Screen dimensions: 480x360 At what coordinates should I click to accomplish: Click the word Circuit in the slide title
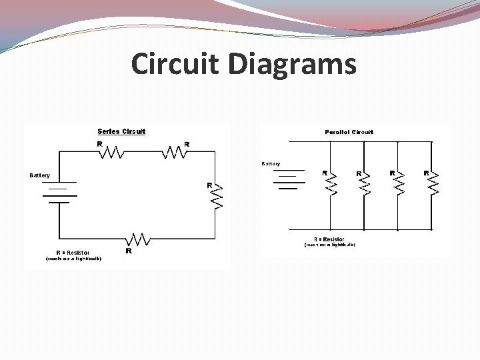[175, 65]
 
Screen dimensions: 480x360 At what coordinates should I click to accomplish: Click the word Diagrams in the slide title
[292, 65]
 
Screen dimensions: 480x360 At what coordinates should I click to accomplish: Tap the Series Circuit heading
[121, 131]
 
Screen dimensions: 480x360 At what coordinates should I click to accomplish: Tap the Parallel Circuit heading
[349, 132]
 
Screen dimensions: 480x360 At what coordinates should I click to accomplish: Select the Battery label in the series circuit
[39, 175]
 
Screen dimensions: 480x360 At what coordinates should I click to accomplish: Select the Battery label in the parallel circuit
[271, 163]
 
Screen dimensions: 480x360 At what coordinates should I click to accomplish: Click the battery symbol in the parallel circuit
[288, 179]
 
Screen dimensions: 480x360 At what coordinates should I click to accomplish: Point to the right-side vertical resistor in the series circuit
[215, 196]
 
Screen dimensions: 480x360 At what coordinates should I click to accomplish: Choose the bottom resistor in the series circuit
[139, 239]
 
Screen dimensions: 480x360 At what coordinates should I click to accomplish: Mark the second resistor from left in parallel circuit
[365, 183]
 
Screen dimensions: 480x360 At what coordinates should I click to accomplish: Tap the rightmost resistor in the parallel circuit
[433, 183]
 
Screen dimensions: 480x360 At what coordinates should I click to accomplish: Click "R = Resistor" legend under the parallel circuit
[329, 239]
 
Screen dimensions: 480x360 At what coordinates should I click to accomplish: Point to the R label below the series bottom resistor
[129, 251]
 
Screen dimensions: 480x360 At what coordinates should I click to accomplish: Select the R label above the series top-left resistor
[99, 143]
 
